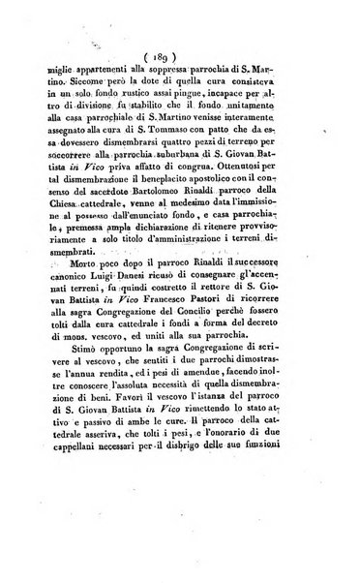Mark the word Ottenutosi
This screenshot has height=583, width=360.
pos(250,178)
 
